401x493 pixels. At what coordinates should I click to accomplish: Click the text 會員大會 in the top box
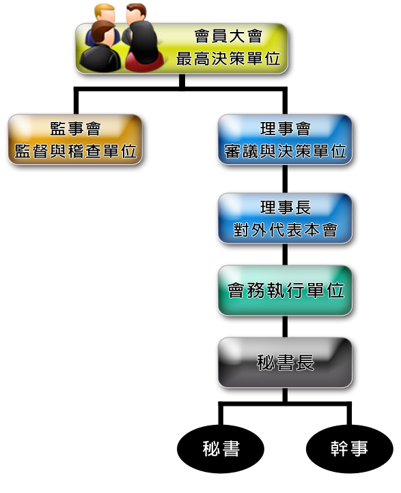tap(228, 36)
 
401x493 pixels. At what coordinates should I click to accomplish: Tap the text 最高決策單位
tap(228, 59)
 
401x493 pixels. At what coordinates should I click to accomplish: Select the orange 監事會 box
tap(75, 139)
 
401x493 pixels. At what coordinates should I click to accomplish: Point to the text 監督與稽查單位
tap(75, 151)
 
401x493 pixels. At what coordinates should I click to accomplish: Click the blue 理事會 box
tap(285, 139)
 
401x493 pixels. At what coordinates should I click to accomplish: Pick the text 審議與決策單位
tap(285, 151)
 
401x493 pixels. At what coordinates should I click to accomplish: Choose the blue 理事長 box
tap(285, 218)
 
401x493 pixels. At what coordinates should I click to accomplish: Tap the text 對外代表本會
tap(285, 230)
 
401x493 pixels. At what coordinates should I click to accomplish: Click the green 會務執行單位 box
tap(285, 290)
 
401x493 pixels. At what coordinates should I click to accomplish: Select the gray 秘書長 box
tap(285, 363)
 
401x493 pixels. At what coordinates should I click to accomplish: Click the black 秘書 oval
tap(221, 449)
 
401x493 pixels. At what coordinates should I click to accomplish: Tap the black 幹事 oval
tap(349, 449)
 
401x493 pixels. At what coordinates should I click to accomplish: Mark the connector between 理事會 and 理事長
tap(285, 179)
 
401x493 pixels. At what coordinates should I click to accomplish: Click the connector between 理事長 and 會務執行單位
tap(285, 254)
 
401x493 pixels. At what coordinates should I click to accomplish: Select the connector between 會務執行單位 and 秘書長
tap(285, 327)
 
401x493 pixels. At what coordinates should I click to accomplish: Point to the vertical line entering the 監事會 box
tap(76, 101)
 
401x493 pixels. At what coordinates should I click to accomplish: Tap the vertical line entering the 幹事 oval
tap(349, 413)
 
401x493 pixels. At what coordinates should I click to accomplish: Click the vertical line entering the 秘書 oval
tap(221, 413)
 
